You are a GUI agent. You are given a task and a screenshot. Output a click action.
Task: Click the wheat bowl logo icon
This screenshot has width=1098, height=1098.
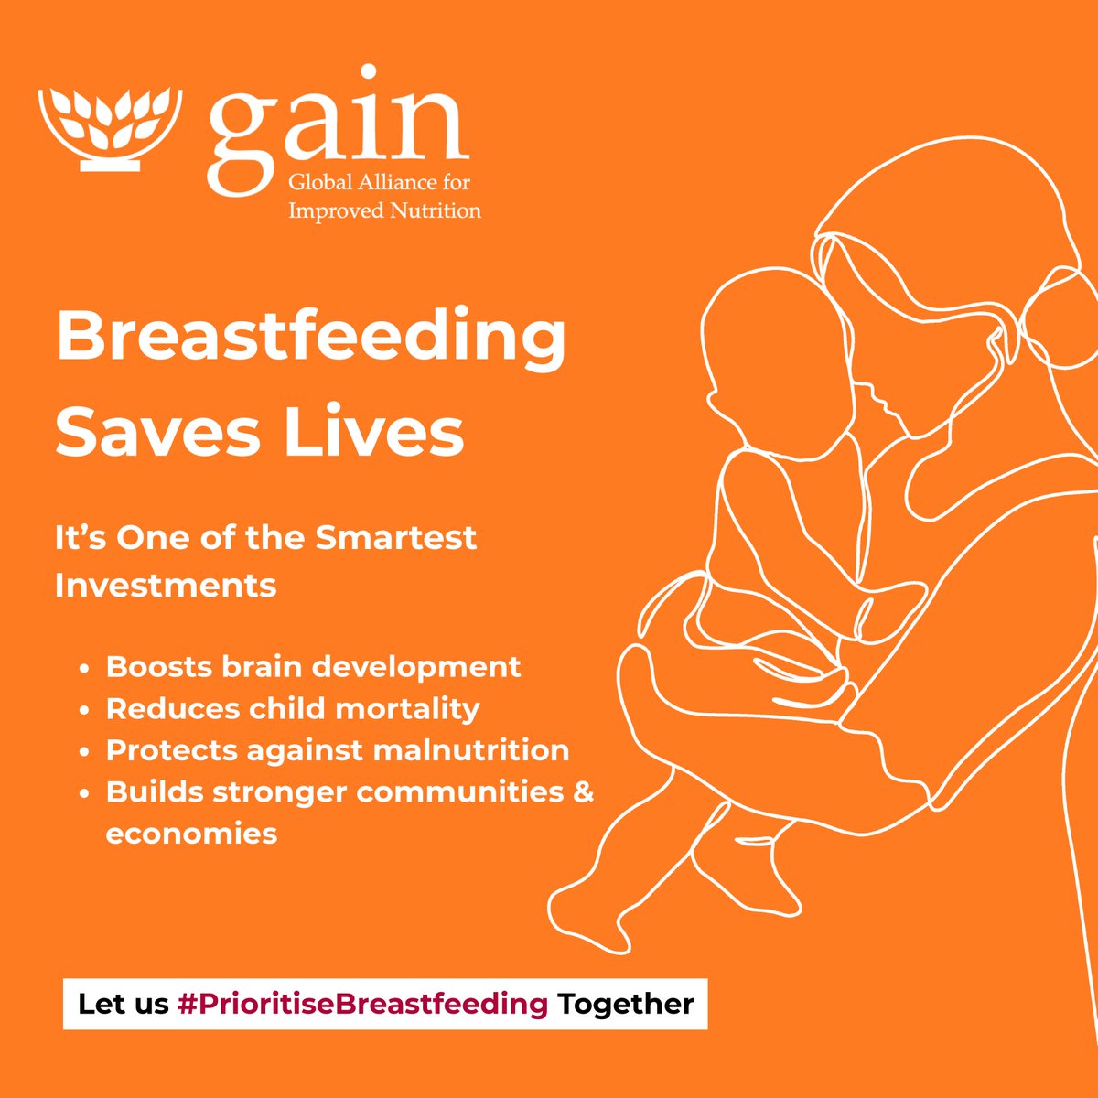[111, 128]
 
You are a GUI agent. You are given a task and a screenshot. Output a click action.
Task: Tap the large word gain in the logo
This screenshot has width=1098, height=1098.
[338, 128]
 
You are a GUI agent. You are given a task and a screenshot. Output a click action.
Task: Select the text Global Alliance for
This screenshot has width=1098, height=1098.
[379, 182]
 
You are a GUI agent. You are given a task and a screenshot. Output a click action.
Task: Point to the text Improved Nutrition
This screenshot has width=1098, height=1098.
[384, 210]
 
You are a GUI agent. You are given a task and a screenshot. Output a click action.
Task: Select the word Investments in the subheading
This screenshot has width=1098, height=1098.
[166, 585]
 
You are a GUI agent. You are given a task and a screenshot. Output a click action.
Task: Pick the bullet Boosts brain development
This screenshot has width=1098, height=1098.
[313, 666]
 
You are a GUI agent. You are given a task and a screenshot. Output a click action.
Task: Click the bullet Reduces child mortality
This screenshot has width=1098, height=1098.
[293, 708]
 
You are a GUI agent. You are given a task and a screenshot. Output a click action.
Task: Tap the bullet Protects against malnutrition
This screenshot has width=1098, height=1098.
[337, 750]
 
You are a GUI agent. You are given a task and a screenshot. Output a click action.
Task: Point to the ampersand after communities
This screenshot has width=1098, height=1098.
[584, 791]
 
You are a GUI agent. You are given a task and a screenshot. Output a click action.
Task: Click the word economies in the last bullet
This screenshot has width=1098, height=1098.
[191, 834]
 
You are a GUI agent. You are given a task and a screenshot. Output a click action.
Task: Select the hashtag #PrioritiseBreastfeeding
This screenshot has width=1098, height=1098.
[363, 1004]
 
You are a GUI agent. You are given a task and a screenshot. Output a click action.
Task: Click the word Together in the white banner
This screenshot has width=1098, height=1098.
[626, 1004]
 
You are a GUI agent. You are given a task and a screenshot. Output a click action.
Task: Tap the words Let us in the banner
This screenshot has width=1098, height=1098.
[124, 1004]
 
